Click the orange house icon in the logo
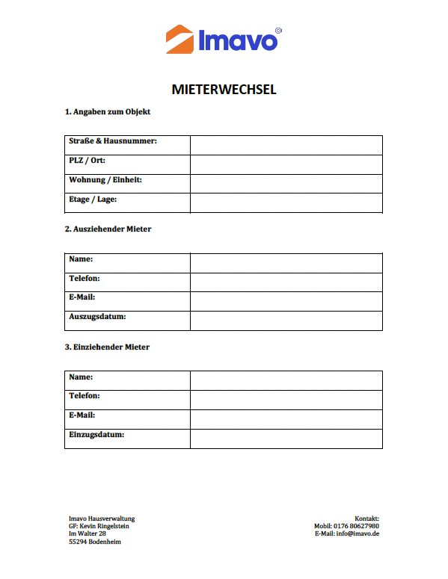(x=179, y=39)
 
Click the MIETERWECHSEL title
(x=224, y=90)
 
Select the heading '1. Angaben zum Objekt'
(x=108, y=112)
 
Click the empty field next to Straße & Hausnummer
(x=286, y=145)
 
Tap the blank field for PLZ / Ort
(x=286, y=164)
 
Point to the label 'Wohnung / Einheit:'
(x=105, y=180)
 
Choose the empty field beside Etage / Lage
(x=286, y=202)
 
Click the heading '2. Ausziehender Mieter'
(x=108, y=229)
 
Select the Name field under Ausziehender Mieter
(x=286, y=263)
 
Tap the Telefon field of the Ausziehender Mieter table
(x=286, y=282)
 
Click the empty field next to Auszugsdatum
(x=286, y=321)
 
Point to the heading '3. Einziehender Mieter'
(x=107, y=347)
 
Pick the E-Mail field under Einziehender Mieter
(x=286, y=419)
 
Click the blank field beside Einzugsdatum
(x=286, y=439)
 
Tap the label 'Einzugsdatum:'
(x=96, y=434)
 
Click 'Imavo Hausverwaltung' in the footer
(x=102, y=518)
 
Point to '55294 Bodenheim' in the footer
(x=94, y=542)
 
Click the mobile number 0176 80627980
(x=358, y=526)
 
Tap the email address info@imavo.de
(x=359, y=533)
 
